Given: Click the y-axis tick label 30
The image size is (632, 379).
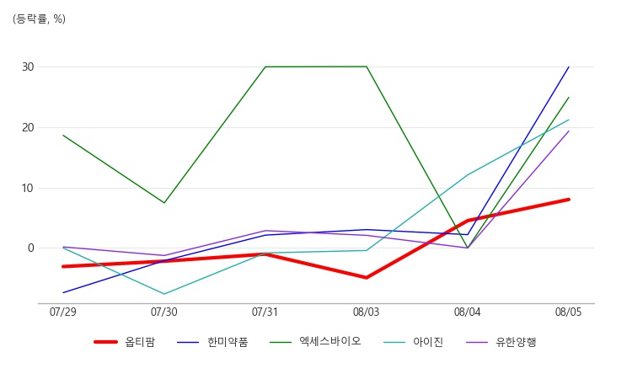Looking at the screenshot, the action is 28,67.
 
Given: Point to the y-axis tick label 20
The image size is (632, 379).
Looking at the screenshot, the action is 28,128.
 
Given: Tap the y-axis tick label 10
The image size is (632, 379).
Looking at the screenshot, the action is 28,188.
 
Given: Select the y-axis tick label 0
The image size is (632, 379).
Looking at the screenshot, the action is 31,248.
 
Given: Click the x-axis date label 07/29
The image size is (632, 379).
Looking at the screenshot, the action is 63,312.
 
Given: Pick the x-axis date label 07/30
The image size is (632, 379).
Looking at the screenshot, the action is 164,312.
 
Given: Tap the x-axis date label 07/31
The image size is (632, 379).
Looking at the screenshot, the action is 265,312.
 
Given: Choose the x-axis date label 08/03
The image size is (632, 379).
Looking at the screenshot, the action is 366,312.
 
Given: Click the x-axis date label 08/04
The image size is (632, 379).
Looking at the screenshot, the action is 467,312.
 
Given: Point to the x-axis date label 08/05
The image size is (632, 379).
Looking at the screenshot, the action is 568,312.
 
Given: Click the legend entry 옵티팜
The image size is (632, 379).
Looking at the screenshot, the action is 125,342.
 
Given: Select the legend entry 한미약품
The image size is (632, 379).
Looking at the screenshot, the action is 212,342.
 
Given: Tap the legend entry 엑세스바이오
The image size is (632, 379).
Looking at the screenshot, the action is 315,342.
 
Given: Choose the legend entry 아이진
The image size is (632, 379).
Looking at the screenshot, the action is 414,342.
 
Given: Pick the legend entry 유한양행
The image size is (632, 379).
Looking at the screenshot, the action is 501,342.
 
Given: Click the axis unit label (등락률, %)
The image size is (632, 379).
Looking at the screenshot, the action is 39,19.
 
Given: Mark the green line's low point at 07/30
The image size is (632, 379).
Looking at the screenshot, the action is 164,203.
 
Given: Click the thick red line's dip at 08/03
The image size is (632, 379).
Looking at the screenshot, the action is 367,277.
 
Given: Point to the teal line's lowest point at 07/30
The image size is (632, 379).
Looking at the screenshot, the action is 164,294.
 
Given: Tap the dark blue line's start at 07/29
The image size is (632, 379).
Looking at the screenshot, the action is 63,292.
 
